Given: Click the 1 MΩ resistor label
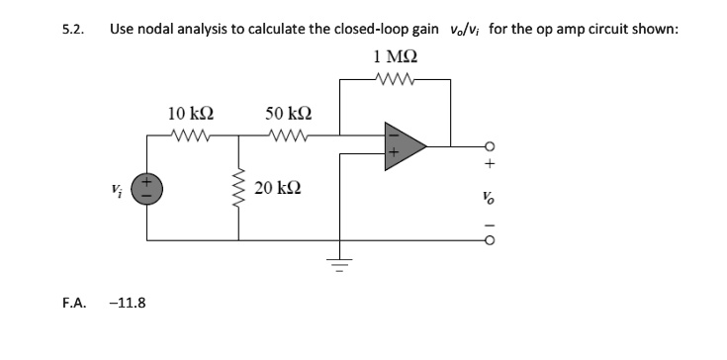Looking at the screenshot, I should (x=394, y=56).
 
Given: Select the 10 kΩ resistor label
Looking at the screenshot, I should (x=189, y=114).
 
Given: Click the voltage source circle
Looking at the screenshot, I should (x=149, y=187).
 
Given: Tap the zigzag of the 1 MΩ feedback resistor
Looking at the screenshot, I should (x=396, y=78).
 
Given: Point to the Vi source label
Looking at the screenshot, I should (x=119, y=188).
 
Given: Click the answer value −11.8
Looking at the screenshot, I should (x=129, y=302).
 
